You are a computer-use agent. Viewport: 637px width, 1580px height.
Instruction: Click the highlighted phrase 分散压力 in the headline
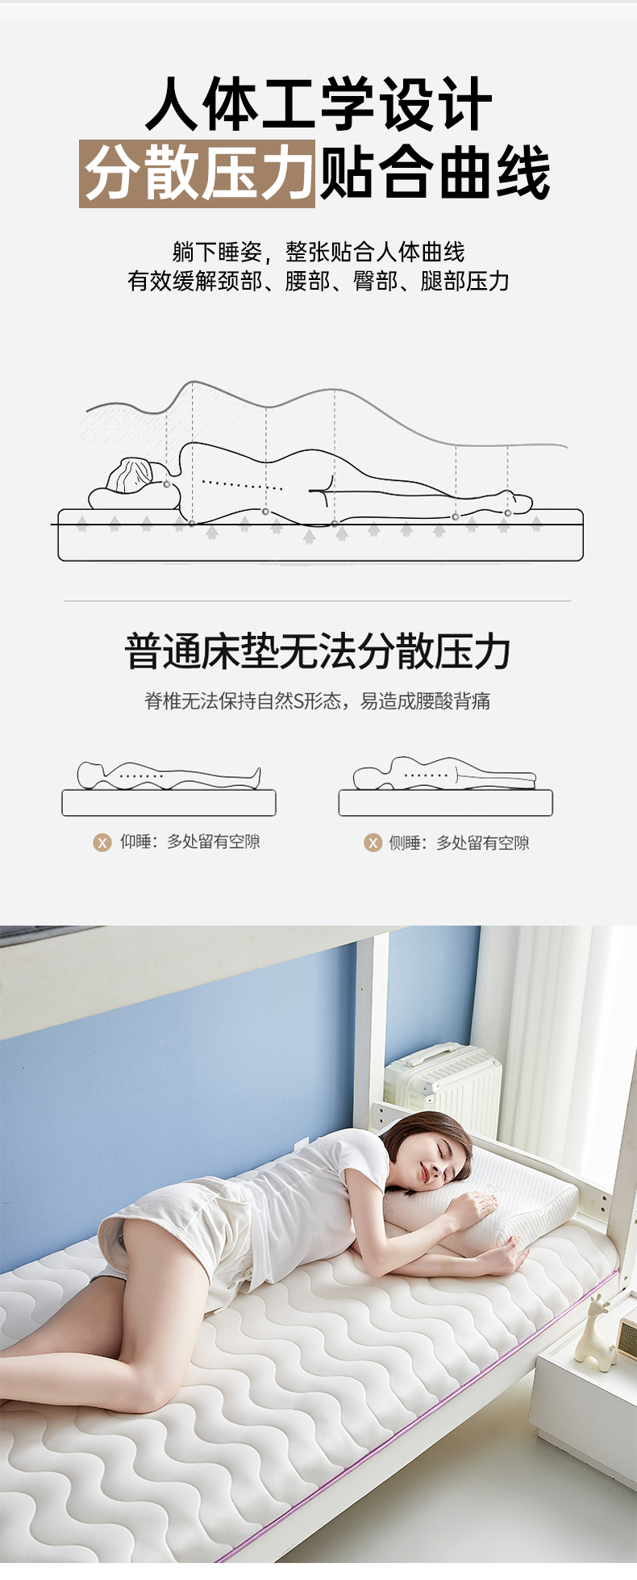tap(198, 173)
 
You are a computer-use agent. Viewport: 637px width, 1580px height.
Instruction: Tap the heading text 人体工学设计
tap(319, 104)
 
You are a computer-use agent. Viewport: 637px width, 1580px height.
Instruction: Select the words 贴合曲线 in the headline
tap(435, 173)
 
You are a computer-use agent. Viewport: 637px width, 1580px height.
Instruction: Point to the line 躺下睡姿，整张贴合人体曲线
tap(318, 252)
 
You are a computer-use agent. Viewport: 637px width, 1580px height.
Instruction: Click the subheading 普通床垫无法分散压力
tap(318, 651)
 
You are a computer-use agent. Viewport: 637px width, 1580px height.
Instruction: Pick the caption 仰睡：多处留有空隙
tap(190, 842)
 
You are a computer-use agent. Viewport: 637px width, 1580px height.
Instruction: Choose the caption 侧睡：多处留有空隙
tap(459, 842)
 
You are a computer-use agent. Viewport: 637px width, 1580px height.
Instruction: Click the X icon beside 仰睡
tap(102, 842)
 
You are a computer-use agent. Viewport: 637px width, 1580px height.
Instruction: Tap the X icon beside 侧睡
tap(373, 843)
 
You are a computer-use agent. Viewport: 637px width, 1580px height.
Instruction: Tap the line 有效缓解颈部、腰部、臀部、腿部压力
tap(318, 281)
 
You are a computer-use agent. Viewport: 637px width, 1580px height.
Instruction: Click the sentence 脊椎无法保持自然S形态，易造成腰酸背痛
tap(318, 700)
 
